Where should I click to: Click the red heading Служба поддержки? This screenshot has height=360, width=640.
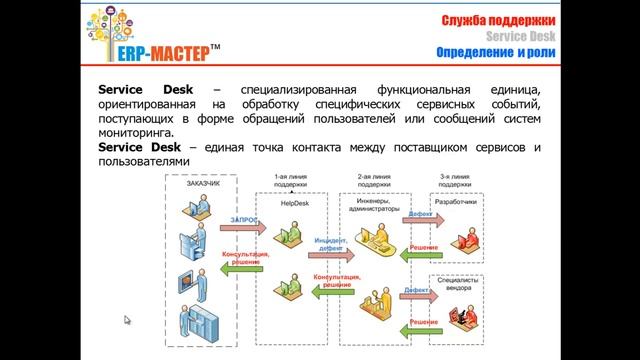click(492, 21)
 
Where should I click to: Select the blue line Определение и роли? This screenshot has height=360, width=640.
click(497, 52)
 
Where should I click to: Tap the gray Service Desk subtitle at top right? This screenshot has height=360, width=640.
click(522, 37)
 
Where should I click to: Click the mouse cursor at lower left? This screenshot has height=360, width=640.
click(127, 320)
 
